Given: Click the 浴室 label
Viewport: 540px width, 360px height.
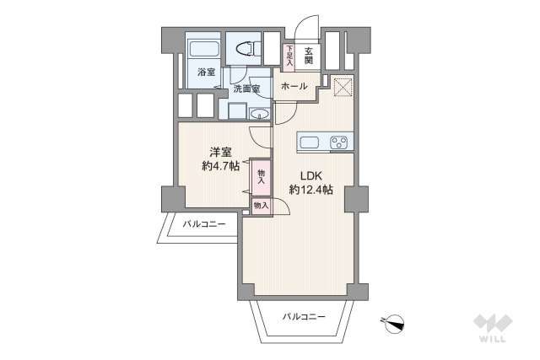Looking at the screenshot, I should pos(206,73).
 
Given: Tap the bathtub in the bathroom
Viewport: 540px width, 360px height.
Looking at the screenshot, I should pos(203,50).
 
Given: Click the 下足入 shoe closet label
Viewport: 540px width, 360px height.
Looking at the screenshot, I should pos(289,55).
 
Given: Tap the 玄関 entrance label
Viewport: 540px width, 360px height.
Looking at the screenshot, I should pos(309,56).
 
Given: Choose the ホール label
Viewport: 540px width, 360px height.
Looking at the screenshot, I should pos(294,87).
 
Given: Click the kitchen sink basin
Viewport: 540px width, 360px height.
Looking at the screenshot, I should pos(309,142).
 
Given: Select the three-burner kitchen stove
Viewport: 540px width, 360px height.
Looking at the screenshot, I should pos(340,142).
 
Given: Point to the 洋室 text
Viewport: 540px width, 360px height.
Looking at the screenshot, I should pos(221,153).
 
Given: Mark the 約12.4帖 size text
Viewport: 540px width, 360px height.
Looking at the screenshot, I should pos(310,191).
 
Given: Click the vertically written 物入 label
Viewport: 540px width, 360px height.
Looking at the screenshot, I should pos(261,176).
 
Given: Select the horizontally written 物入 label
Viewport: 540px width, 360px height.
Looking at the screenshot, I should pos(261,205).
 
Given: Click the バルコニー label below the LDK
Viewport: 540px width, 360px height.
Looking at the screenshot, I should pos(304,316).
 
